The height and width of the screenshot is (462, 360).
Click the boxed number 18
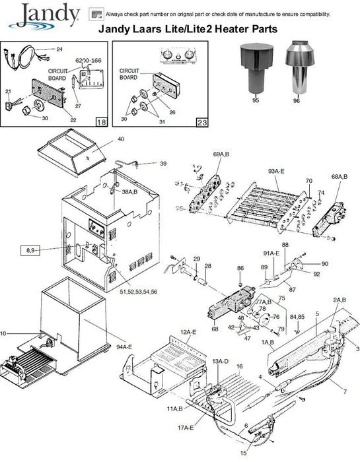[x=102, y=122]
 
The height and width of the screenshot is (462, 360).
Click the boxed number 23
[x=202, y=122]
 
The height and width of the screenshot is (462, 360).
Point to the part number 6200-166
[x=88, y=61]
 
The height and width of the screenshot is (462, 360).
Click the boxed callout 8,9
[x=30, y=250]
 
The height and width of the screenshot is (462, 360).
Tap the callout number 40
[x=121, y=139]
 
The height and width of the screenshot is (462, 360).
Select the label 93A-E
[x=276, y=171]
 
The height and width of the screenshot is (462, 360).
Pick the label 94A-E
[x=124, y=347]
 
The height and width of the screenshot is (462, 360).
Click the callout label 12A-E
[x=188, y=332]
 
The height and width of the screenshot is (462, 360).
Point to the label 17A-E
[x=186, y=428]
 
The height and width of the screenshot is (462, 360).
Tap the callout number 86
[x=240, y=268]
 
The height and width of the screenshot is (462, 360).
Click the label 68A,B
[x=340, y=176]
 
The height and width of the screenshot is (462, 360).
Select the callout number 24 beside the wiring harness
[x=59, y=49]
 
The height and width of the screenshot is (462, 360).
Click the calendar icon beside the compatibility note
[x=96, y=14]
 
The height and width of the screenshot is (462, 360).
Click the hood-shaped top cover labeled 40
[x=71, y=152]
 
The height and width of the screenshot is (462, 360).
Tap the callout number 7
[x=345, y=391]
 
